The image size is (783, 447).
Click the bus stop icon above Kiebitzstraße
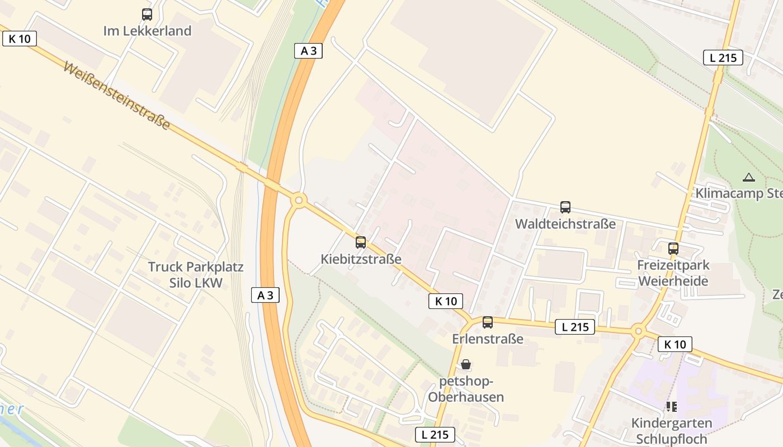[361, 242]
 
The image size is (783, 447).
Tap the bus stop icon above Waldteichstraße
[565, 207]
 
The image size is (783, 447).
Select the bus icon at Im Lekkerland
[147, 15]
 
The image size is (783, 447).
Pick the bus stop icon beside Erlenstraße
[488, 322]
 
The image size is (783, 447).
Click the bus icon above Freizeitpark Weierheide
[673, 249]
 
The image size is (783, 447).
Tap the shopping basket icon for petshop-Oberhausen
[466, 365]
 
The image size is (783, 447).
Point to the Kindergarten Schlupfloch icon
[671, 407]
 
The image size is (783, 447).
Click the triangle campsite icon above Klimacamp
[748, 178]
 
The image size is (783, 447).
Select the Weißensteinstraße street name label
[116, 96]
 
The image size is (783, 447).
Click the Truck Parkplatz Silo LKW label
[196, 274]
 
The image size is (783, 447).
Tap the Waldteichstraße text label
[565, 224]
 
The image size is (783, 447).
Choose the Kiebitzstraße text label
[361, 259]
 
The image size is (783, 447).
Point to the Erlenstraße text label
[488, 339]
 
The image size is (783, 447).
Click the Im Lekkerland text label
[147, 31]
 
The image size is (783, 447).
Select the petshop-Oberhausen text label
[466, 389]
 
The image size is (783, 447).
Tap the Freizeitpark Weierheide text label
[673, 273]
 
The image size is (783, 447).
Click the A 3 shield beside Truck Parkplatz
[265, 296]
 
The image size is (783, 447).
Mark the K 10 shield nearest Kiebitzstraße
[446, 301]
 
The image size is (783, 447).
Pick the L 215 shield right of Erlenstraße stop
[574, 327]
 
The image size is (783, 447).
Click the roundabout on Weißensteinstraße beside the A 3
[299, 199]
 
